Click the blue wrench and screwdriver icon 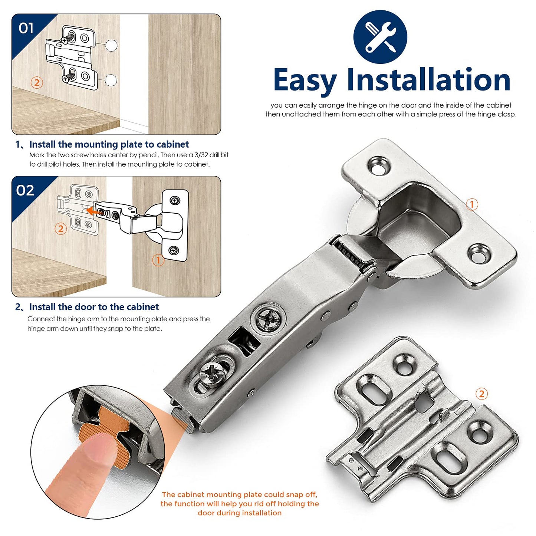click(x=380, y=37)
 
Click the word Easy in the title click(x=305, y=80)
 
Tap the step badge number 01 click(x=26, y=28)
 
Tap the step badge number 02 click(x=25, y=190)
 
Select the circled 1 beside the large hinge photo click(x=472, y=204)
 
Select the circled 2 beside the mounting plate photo click(x=481, y=394)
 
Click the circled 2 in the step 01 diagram click(x=36, y=82)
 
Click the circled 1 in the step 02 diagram click(x=158, y=260)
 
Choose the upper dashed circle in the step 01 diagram click(x=111, y=45)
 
